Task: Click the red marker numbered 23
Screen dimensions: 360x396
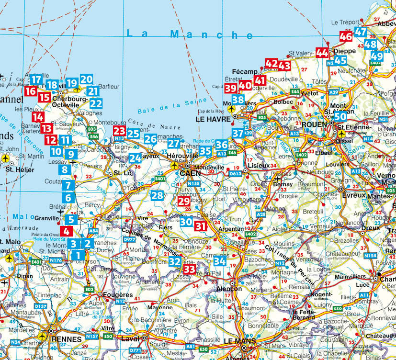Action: [x=119, y=132]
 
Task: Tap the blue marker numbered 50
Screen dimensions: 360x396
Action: [x=340, y=116]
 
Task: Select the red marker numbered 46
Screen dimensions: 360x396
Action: [x=346, y=36]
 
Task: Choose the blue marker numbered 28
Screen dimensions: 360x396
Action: [x=157, y=195]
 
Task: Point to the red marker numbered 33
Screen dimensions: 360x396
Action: [x=190, y=270]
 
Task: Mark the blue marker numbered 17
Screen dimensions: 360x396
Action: [x=35, y=79]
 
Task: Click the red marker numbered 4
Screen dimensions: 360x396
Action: [x=67, y=231]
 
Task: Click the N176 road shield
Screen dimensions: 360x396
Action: [x=56, y=260]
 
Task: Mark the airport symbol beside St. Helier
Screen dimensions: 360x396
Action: [x=6, y=158]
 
